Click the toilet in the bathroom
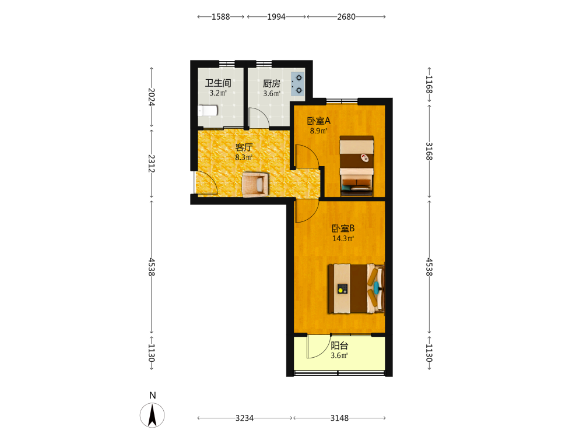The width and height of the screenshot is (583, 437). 208,110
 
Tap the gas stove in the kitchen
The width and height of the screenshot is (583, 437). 297,83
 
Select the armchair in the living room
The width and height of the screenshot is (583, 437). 255,184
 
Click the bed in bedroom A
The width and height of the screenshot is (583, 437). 357,166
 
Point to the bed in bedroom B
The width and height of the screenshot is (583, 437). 356,288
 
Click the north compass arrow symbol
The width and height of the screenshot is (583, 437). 152,415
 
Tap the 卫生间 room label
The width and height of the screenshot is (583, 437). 218,83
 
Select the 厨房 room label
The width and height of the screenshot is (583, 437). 272,83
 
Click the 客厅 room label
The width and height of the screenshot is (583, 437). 244,147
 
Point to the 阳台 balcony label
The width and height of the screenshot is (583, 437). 339,346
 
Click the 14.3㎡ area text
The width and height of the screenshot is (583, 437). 343,238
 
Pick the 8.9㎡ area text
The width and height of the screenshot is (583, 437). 319,131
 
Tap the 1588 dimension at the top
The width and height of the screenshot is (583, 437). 221,17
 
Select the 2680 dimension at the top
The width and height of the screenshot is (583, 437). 346,17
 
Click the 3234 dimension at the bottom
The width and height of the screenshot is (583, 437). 245,418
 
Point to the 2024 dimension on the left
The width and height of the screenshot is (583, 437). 152,97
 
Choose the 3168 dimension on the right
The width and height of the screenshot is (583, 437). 429,151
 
